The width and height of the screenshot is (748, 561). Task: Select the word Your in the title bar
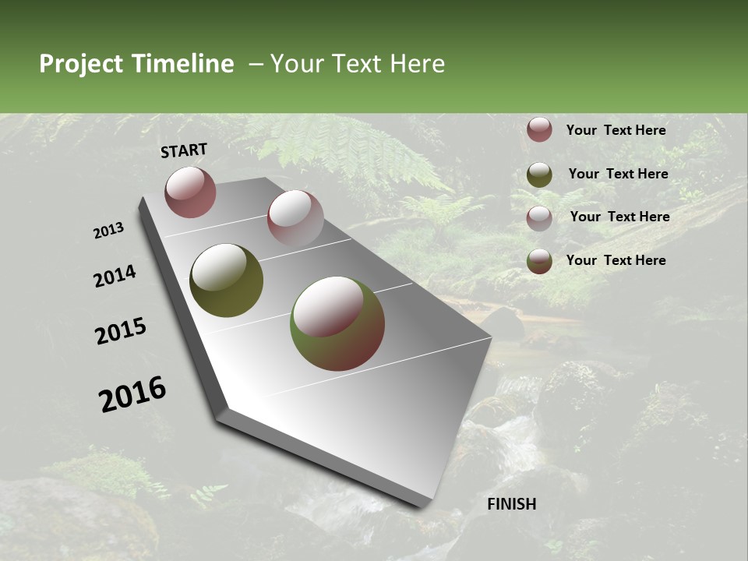coord(295,64)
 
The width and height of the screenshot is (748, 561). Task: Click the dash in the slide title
coord(255,64)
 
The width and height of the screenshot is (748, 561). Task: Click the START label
coord(184,150)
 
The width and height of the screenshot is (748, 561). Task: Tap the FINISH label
coord(511,504)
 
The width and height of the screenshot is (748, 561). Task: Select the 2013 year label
coord(109,231)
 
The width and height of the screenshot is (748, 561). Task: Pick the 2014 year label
coord(115,277)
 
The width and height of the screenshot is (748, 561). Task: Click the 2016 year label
coord(132,394)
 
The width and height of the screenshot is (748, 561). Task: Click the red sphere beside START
coord(190,192)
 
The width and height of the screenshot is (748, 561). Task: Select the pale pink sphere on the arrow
coord(295,218)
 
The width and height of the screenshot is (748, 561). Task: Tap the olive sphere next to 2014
coord(226,280)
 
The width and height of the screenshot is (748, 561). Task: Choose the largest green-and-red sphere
coord(337,323)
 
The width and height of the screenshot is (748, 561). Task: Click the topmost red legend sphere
coord(539,130)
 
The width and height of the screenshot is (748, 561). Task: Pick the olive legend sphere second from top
coord(539,175)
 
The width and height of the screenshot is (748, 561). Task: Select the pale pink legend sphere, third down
coord(539,218)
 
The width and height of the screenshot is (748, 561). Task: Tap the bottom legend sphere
coord(539,261)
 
